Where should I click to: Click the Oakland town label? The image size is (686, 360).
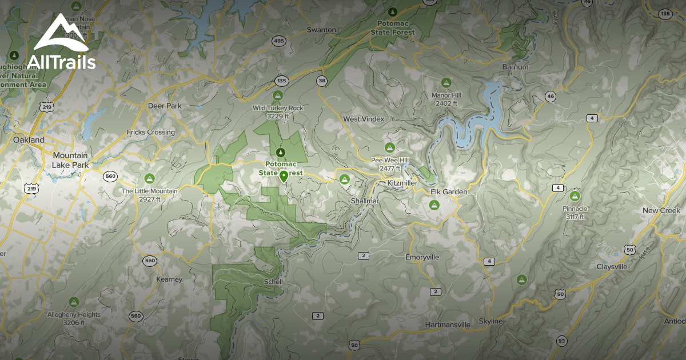click(29, 140)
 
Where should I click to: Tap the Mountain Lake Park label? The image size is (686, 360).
click(70, 160)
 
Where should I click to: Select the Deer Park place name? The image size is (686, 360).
click(164, 106)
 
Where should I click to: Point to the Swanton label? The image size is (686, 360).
click(321, 30)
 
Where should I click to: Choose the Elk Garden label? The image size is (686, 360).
click(449, 192)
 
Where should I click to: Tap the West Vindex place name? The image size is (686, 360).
click(364, 119)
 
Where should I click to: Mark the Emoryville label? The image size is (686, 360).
click(422, 257)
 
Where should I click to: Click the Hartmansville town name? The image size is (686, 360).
click(448, 325)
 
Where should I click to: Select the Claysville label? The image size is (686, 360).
click(612, 267)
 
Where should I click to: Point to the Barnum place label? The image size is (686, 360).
click(515, 67)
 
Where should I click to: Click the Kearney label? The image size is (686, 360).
click(169, 279)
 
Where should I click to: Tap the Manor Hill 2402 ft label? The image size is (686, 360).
click(446, 99)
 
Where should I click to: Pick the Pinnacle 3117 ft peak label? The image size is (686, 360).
click(575, 213)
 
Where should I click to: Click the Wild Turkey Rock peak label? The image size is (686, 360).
click(278, 111)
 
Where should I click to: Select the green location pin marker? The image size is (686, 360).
click(283, 176)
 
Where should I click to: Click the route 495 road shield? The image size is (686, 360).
click(279, 41)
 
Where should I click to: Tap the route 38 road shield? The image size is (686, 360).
click(322, 81)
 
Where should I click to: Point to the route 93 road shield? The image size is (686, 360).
click(562, 341)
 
